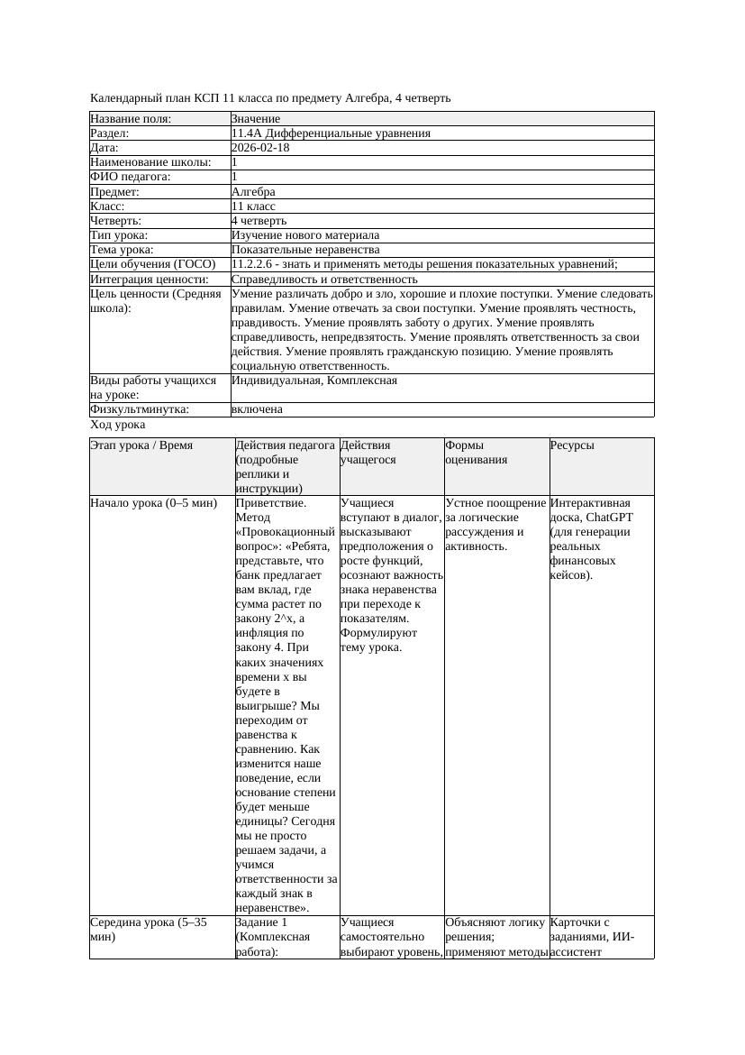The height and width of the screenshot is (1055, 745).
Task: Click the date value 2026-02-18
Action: click(260, 148)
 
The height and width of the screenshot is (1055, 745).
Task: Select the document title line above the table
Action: click(270, 97)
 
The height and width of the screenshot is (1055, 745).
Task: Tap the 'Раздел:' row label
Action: click(111, 133)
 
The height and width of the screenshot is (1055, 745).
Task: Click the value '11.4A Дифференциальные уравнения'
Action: click(331, 133)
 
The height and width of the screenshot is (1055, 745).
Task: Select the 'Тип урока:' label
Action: click(119, 234)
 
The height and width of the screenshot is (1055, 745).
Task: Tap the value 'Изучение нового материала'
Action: click(305, 234)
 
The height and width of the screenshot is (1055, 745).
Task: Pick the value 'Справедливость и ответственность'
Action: click(324, 280)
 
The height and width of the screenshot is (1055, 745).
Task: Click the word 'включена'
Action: click(257, 409)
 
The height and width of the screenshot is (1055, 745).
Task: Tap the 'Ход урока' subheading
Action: click(118, 425)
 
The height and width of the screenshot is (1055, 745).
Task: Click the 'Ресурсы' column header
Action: click(572, 445)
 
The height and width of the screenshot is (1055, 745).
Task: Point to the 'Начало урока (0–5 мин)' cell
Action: click(154, 503)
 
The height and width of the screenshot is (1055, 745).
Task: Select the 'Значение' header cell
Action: click(256, 119)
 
